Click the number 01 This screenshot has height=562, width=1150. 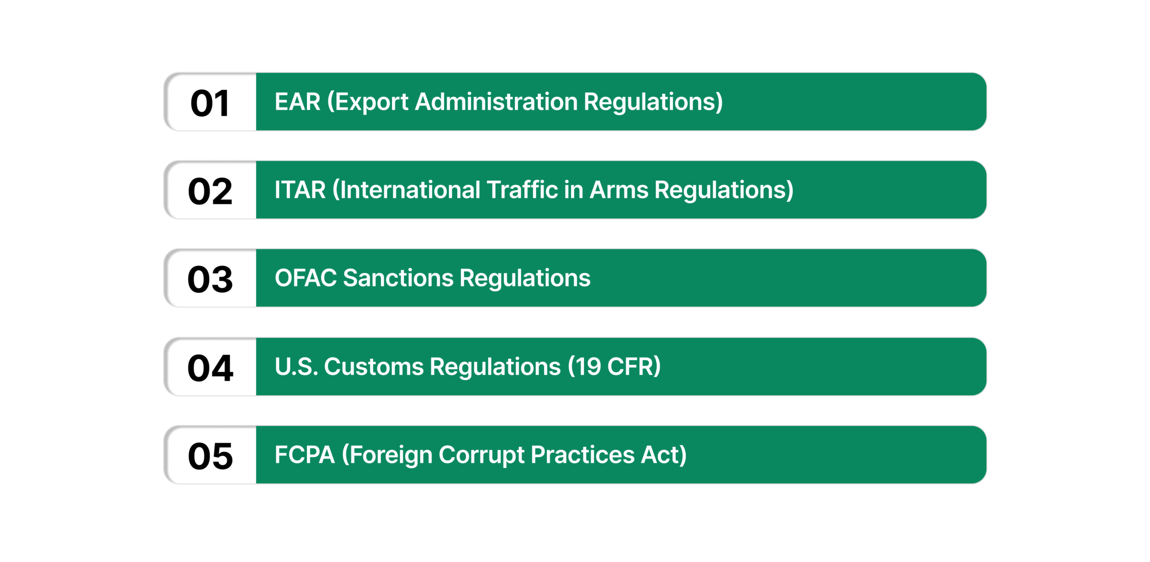point(210,103)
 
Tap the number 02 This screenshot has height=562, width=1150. point(210,192)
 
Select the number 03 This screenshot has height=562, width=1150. point(210,280)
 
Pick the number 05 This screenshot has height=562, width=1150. point(210,456)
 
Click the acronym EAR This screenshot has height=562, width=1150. point(297,102)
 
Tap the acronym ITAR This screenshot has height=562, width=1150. point(300,190)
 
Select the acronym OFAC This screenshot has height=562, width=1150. point(305,278)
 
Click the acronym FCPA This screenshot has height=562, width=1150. point(305,455)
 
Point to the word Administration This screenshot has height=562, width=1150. point(496,102)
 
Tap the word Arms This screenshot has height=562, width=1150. point(619,190)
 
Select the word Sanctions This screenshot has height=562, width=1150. point(398,278)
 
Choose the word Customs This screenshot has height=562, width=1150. point(374,366)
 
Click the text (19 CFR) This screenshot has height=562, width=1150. point(614,366)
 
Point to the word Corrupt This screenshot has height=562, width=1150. point(482,455)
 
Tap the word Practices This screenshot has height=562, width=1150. point(583,455)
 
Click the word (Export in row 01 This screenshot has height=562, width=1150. point(367,102)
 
